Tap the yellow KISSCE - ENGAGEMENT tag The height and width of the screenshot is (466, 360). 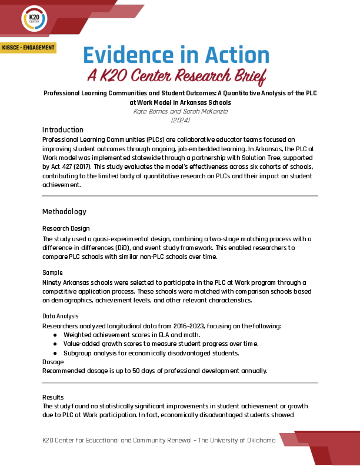pyautogui.click(x=28, y=48)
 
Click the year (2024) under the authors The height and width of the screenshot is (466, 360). pyautogui.click(x=179, y=120)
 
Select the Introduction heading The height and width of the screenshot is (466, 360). pyautogui.click(x=63, y=130)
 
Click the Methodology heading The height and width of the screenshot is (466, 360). pyautogui.click(x=64, y=212)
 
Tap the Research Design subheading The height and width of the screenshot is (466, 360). pyautogui.click(x=66, y=228)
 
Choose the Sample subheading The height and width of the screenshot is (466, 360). pyautogui.click(x=52, y=273)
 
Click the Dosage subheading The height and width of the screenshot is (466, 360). pyautogui.click(x=53, y=362)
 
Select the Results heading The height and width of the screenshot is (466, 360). pyautogui.click(x=53, y=397)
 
